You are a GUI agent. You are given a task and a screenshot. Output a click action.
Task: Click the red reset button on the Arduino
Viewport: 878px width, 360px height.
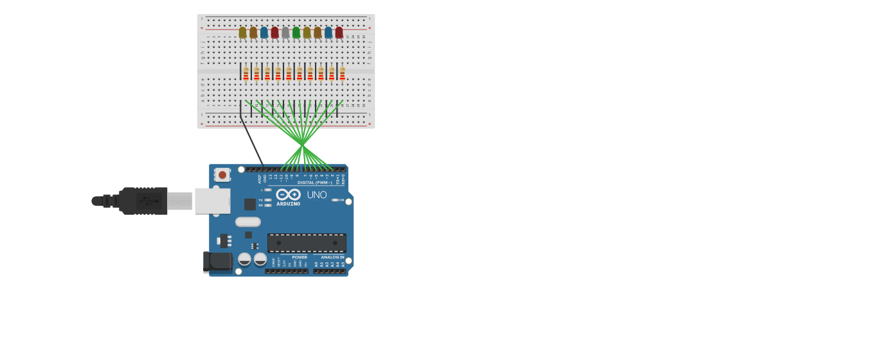[x=222, y=174]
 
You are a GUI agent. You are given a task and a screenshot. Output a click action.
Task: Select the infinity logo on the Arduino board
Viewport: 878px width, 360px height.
[x=288, y=194]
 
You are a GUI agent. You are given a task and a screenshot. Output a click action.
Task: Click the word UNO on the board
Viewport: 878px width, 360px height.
[x=316, y=195]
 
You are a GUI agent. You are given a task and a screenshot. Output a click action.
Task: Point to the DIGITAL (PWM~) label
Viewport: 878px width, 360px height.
[x=314, y=183]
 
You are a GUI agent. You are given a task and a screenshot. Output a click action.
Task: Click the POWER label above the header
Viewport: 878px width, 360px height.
[x=300, y=257]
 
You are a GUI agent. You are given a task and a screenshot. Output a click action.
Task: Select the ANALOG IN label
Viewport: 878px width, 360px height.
[x=332, y=257]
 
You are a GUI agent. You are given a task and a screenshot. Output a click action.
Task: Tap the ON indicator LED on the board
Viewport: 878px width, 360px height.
[x=335, y=200]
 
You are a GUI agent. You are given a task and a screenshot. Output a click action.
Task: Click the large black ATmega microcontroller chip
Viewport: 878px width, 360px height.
[x=307, y=243]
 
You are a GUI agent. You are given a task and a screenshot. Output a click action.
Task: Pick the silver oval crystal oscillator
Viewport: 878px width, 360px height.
[x=248, y=222]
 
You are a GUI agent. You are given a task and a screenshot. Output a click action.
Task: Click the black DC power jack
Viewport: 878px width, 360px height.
[x=219, y=262]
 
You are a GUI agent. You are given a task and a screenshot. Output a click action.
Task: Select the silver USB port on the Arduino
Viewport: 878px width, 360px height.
[x=212, y=201]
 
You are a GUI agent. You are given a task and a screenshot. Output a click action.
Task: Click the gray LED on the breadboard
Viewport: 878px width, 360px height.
[x=285, y=32]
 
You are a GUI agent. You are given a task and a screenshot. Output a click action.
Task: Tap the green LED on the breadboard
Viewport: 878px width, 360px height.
[x=296, y=32]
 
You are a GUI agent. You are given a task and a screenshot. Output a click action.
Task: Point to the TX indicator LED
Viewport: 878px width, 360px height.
[x=268, y=200]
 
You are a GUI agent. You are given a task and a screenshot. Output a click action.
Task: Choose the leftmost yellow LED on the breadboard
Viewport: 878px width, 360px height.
[x=242, y=32]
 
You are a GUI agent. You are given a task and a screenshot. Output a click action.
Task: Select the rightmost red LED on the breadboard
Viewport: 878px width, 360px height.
[x=339, y=32]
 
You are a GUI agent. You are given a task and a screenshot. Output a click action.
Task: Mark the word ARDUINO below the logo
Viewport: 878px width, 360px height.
[x=288, y=204]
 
